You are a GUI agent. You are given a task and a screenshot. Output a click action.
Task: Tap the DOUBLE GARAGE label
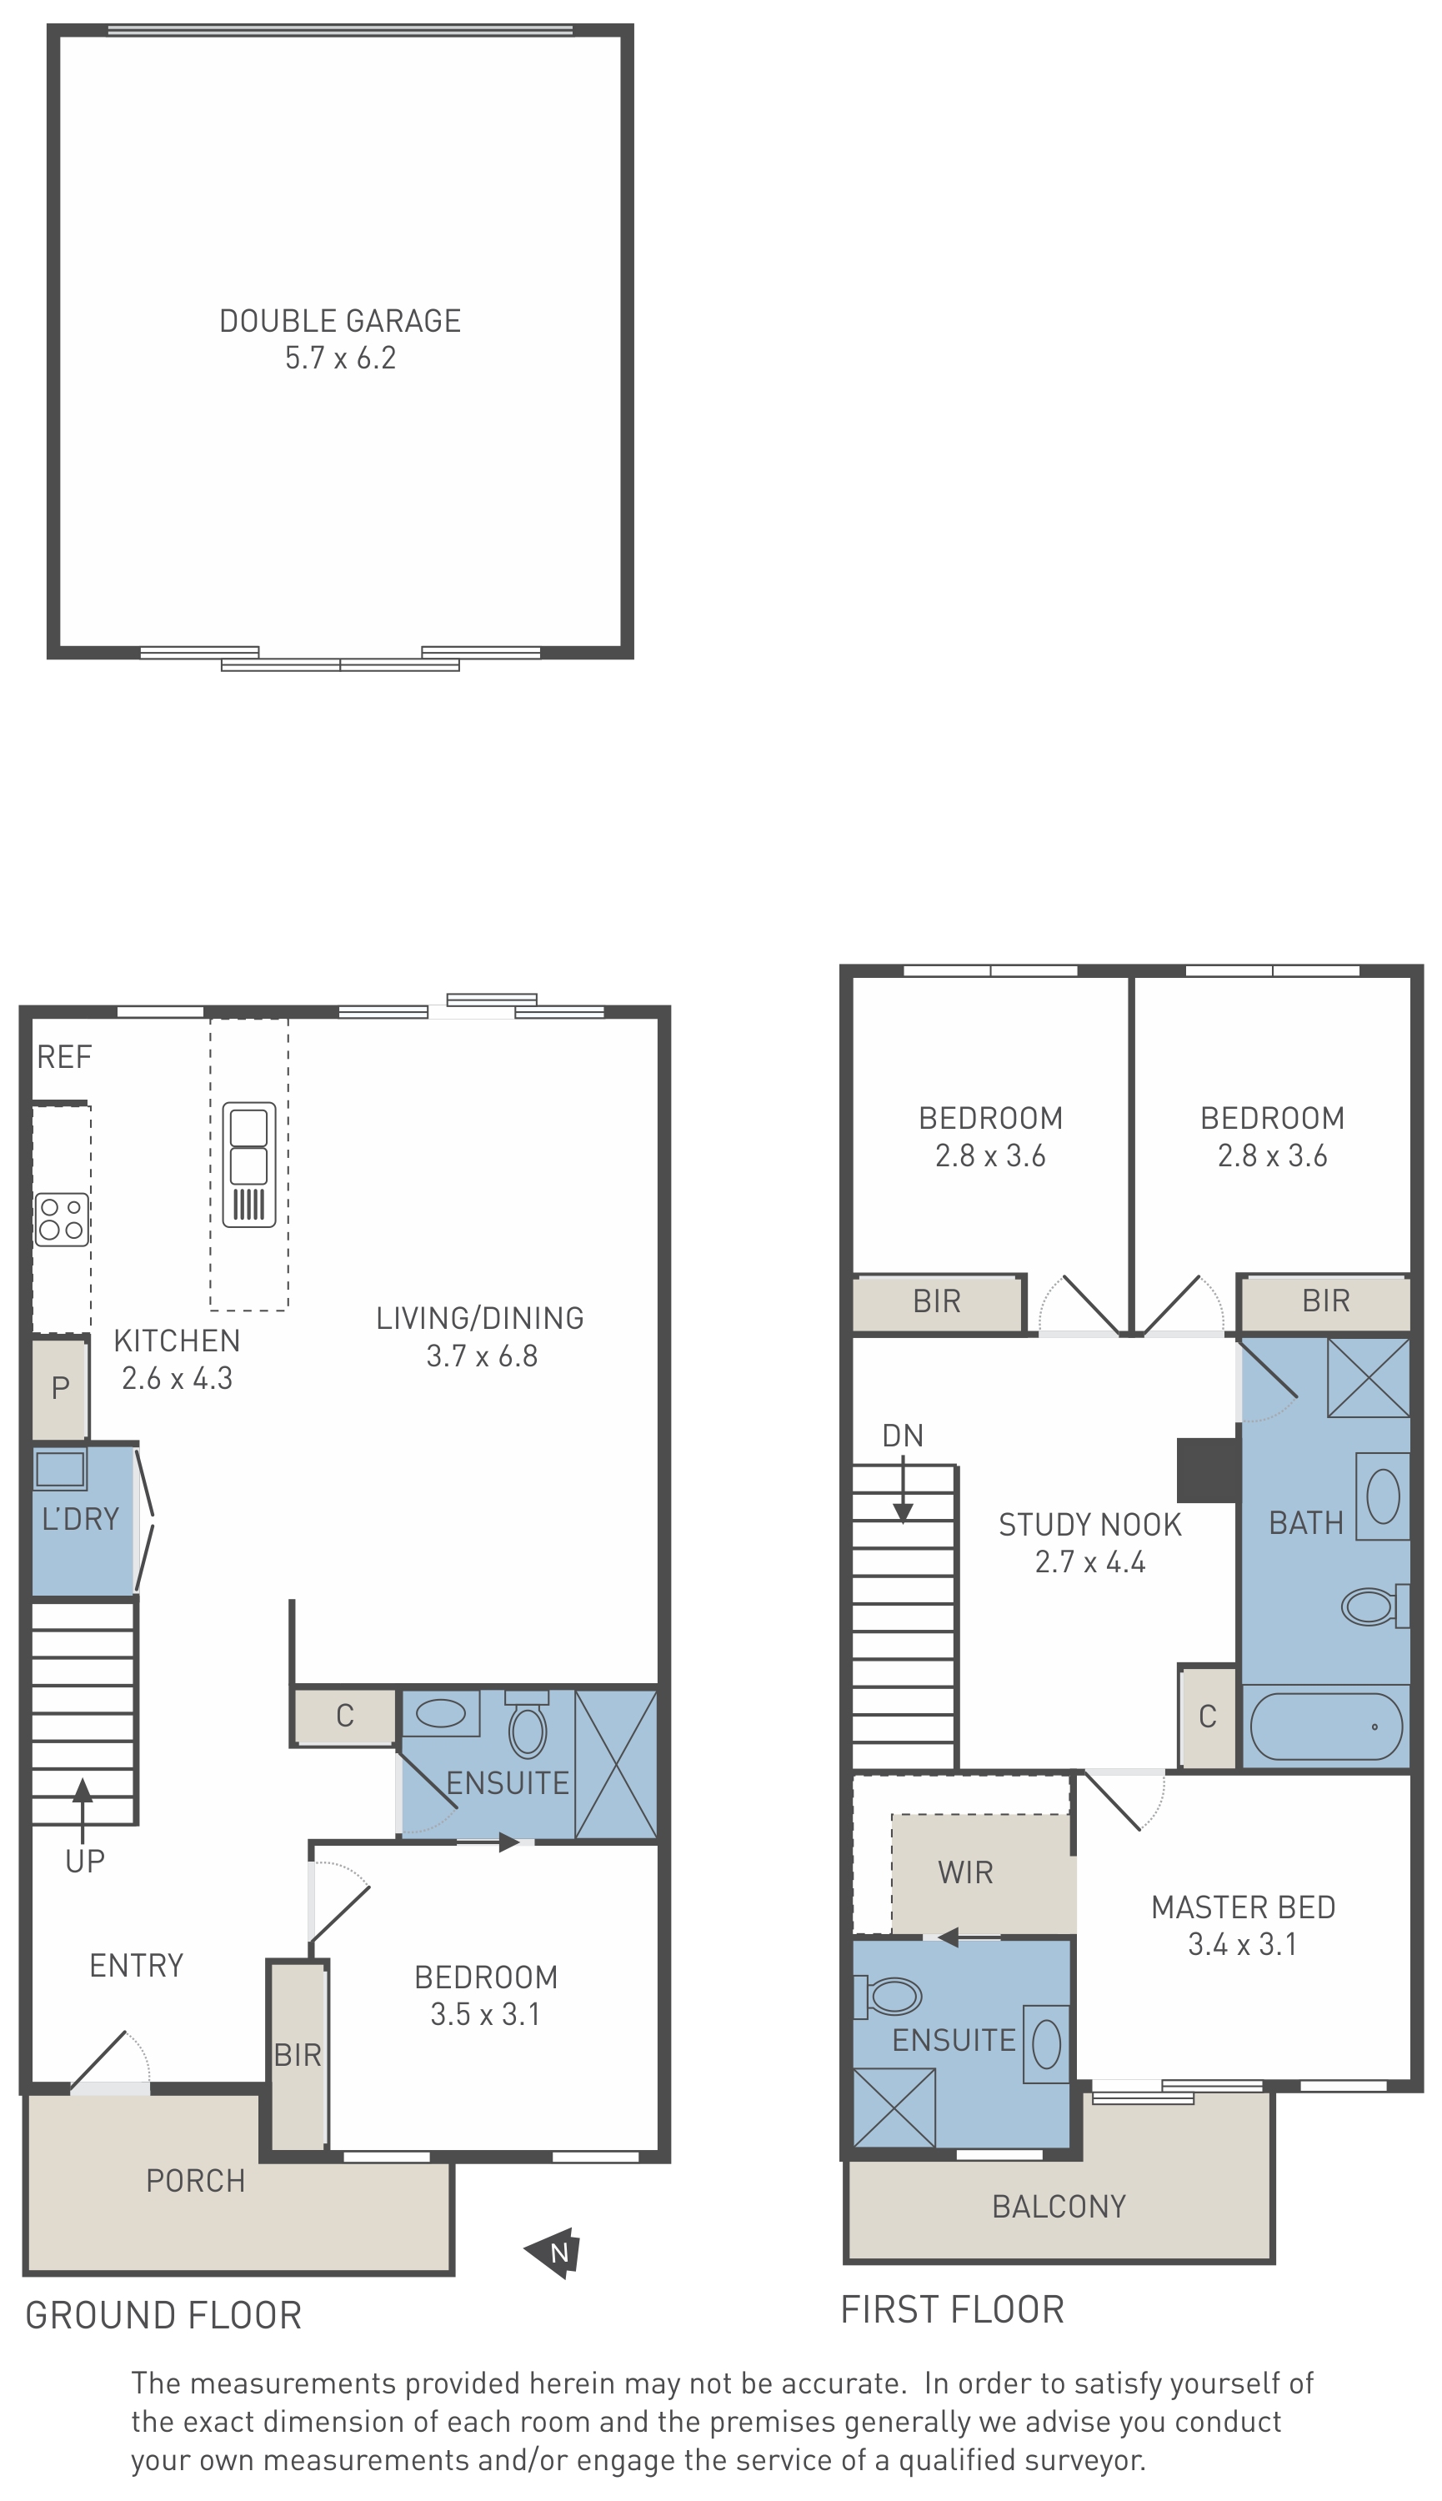pos(340,321)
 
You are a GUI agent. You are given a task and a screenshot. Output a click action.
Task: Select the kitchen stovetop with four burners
pos(62,1220)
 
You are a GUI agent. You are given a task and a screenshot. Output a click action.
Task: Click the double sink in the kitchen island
pos(248,1165)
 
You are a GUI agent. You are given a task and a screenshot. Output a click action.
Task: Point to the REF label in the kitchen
pos(64,1057)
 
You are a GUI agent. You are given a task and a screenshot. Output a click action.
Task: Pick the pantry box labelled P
pos(60,1388)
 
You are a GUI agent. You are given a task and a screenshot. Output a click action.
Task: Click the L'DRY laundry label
pos(80,1520)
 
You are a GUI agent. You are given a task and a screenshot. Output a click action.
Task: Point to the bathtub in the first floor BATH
pos(1326,1727)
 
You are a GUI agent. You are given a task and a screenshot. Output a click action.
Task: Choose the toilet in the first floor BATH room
pos(1375,1606)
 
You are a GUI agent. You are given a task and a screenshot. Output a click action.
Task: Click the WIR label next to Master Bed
pos(964,1872)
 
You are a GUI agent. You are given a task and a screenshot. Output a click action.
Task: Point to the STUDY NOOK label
pos(1089,1525)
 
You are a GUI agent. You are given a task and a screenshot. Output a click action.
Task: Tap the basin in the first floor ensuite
pos(1046,2044)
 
